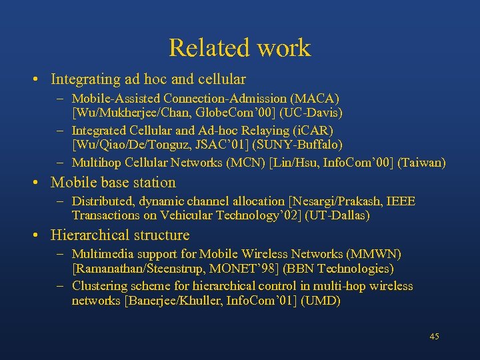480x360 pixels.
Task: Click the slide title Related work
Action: [x=239, y=48]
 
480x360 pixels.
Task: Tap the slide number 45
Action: [x=434, y=336]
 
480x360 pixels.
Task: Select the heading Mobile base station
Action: [x=113, y=182]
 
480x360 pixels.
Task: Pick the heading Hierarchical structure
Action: [x=120, y=235]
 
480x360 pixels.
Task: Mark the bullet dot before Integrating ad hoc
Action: [x=33, y=79]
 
